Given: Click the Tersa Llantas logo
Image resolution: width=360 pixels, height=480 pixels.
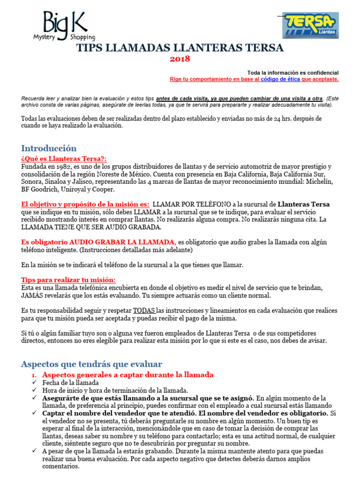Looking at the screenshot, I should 310,25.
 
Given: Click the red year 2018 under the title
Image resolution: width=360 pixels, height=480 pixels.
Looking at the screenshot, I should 180,59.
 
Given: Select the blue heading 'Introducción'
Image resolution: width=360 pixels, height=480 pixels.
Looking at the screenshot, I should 49,149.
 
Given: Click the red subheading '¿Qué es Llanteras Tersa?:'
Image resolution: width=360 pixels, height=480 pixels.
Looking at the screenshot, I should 64,159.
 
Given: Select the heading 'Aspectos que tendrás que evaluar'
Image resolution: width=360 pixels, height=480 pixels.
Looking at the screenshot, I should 91,364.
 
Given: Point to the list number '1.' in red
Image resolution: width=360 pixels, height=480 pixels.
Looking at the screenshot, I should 34,375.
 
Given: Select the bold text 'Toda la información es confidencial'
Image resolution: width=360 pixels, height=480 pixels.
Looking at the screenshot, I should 292,73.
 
